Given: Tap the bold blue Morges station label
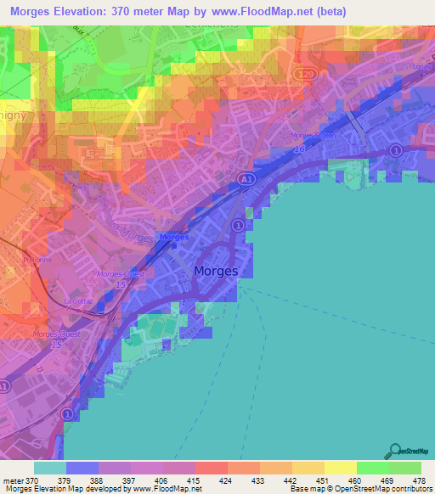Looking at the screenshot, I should (x=174, y=237).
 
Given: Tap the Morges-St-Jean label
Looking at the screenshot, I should (x=338, y=134).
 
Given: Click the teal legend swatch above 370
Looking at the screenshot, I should (x=50, y=468).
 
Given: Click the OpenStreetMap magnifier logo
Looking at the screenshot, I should (x=394, y=451).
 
